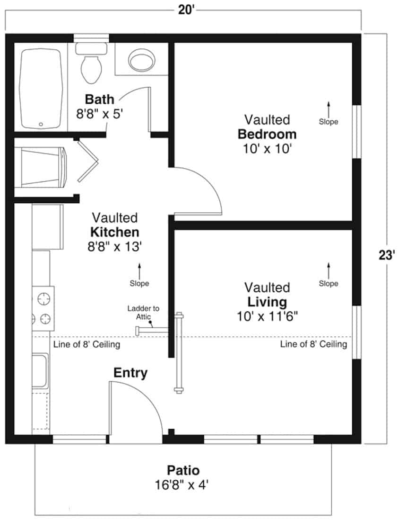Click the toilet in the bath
tap(90, 64)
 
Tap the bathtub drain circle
tap(41, 125)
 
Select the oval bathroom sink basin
tap(141, 60)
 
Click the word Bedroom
tap(267, 134)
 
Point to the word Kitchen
tap(115, 232)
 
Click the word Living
tap(267, 302)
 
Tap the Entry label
tap(130, 373)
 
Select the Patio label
tap(183, 471)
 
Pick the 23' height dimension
tap(387, 256)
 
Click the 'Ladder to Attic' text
tap(143, 312)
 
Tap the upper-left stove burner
tap(43, 299)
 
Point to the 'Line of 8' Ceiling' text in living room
tap(313, 344)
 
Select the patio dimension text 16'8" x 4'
tap(183, 485)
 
